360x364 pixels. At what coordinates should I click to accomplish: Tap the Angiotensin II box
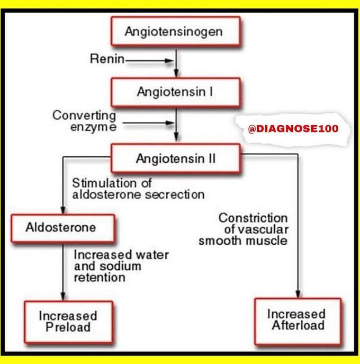175,158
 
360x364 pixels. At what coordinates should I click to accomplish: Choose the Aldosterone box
62,228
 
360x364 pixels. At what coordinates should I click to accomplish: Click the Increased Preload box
68,321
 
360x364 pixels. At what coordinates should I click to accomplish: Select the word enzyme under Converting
89,127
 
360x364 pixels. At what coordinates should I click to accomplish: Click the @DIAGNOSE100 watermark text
293,128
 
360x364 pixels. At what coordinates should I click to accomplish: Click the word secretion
177,194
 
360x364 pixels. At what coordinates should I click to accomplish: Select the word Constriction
253,218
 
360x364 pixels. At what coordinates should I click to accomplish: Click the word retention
100,277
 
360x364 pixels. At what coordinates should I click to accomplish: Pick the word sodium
117,266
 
